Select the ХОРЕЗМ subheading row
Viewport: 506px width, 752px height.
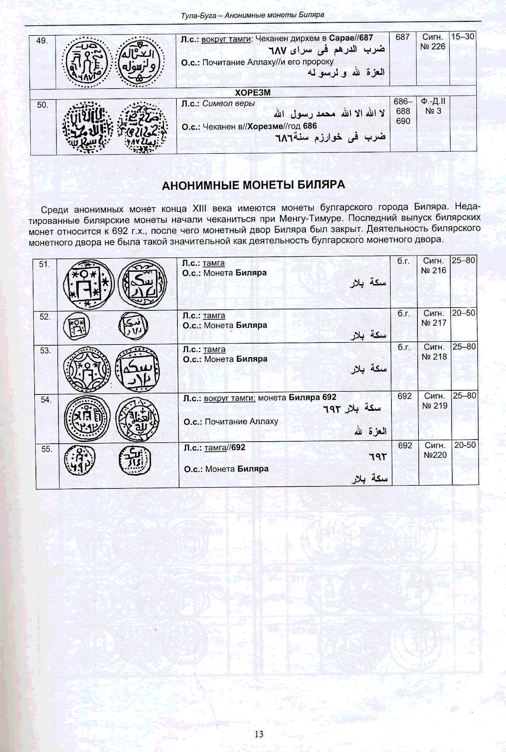253,93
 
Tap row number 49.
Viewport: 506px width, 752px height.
42,41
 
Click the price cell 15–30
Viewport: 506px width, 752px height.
462,37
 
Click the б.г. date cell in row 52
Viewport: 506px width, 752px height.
403,313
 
